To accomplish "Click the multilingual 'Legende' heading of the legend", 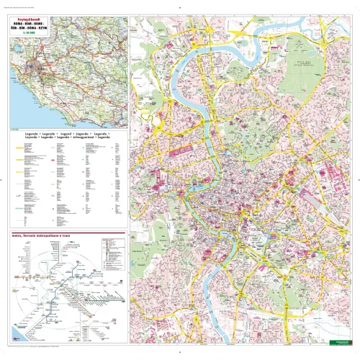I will (66, 135).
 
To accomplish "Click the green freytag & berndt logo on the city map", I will (332, 344).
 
